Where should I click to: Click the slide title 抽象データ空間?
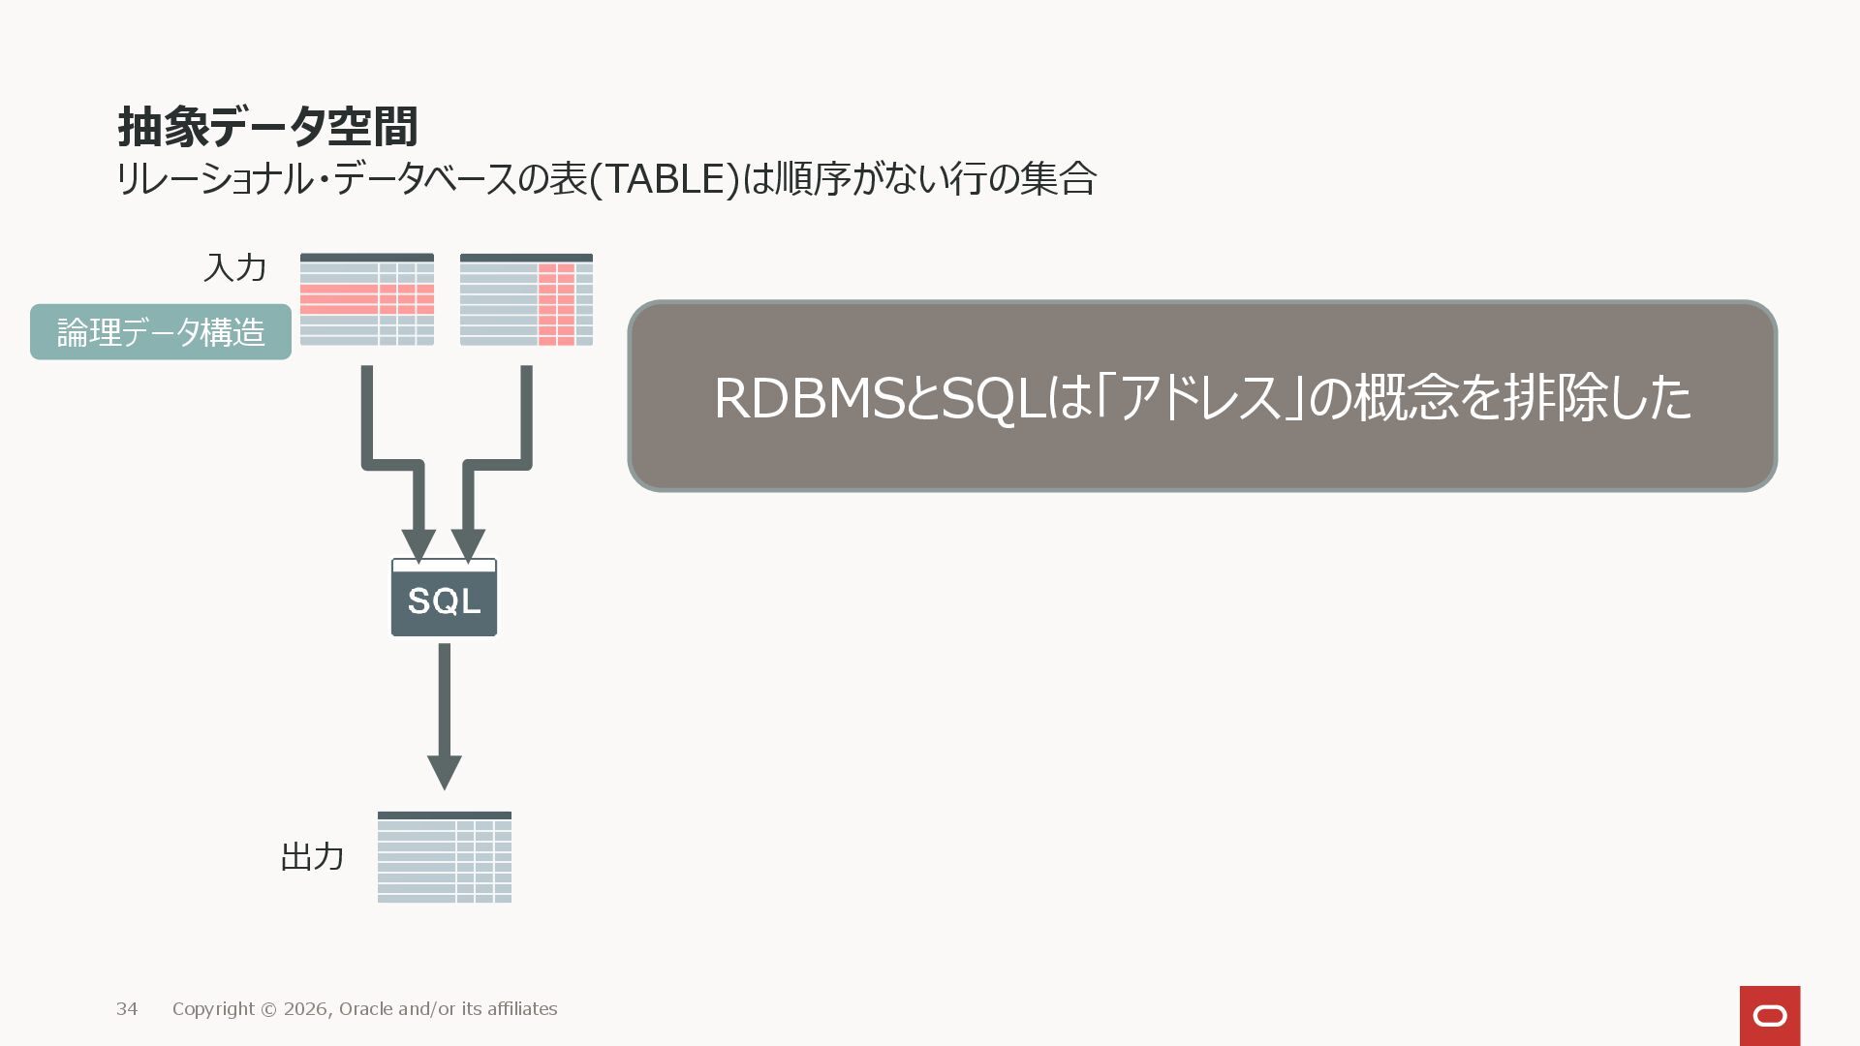pos(267,127)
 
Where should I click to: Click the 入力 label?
pos(234,267)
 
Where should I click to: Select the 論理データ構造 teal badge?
pos(161,332)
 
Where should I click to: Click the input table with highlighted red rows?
pos(366,299)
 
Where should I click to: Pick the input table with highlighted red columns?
pos(526,299)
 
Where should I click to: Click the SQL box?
pos(444,599)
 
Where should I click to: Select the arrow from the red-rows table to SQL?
pos(392,465)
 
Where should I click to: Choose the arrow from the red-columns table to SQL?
pos(496,465)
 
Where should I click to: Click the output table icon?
pos(444,857)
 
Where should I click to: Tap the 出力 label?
pos(312,857)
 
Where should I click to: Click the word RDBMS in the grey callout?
pos(808,398)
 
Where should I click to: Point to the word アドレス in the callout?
pos(1200,398)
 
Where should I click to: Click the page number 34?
pos(127,1009)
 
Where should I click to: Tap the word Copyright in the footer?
pos(213,1009)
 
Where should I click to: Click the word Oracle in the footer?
pos(365,1009)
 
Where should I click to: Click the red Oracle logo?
pos(1769,1015)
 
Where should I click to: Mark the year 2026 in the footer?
pos(306,1009)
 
